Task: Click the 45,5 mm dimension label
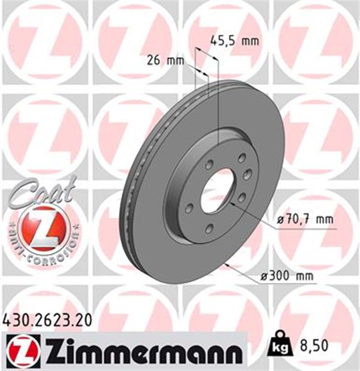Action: [x=234, y=41]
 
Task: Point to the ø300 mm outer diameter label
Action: [x=287, y=276]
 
